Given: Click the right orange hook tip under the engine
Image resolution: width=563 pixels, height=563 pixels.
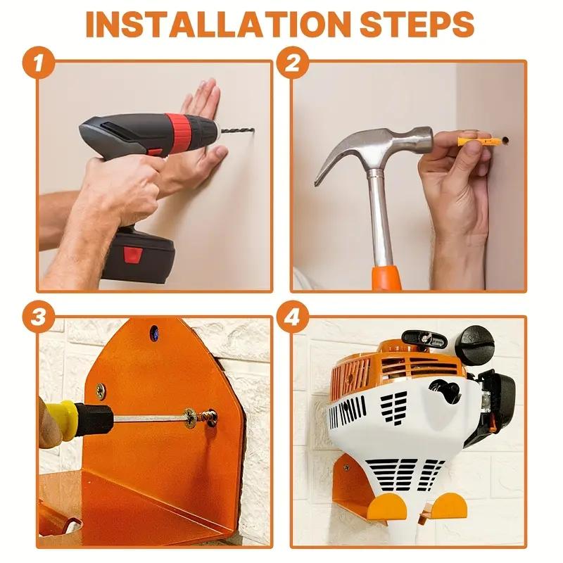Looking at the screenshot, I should click(x=450, y=504).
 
